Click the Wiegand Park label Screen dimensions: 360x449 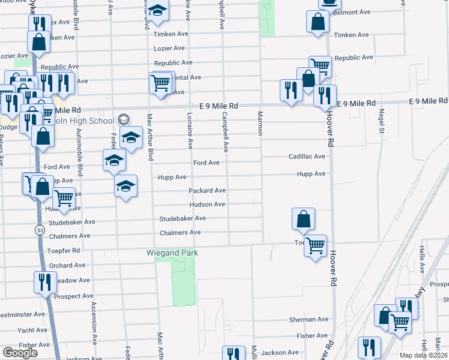click(172, 253)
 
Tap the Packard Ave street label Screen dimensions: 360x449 click(207, 191)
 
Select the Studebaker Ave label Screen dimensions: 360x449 click(182, 219)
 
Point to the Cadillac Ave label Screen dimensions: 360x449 click(307, 157)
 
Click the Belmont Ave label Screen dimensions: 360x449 click(352, 12)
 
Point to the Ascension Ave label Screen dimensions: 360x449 click(94, 322)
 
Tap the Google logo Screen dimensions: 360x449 click(20, 353)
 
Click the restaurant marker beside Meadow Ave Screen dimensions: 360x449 click(44, 282)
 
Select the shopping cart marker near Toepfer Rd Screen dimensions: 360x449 click(315, 245)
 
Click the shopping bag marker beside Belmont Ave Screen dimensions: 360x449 click(318, 22)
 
